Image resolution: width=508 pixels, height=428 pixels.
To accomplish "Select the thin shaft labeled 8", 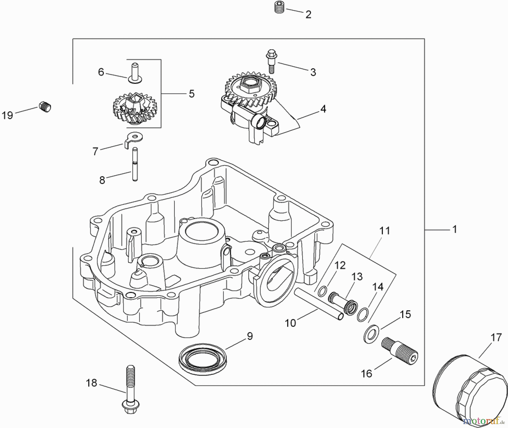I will coord(135,165).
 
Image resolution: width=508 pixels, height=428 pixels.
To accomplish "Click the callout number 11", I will coord(385,231).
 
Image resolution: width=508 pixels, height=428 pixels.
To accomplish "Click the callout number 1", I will coord(454,229).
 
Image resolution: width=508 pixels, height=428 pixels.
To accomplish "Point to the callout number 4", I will coord(323,109).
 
